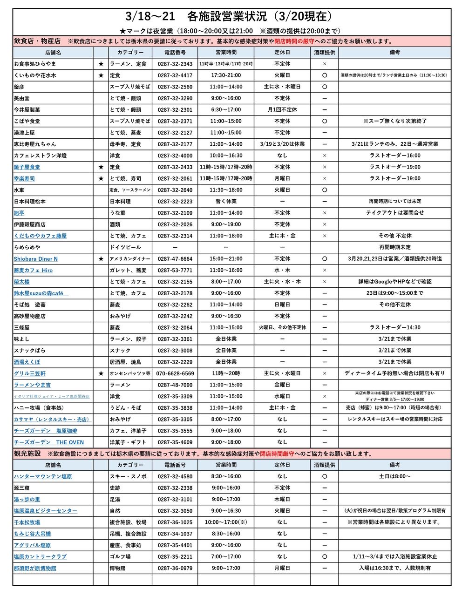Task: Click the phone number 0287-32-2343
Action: [175, 64]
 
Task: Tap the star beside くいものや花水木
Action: [101, 75]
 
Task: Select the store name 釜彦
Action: [19, 87]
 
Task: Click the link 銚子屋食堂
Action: [27, 167]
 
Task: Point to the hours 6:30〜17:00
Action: [226, 110]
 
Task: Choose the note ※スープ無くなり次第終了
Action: [394, 121]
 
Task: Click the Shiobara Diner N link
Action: [36, 259]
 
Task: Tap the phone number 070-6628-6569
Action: [175, 373]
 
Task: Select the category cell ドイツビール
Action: [125, 247]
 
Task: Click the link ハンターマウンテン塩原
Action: [43, 476]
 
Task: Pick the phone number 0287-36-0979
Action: [175, 568]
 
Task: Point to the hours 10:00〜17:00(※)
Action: [226, 522]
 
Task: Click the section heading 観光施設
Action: [27, 454]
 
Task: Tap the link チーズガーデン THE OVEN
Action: [49, 442]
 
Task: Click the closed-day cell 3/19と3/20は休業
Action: [282, 144]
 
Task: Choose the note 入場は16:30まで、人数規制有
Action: [394, 568]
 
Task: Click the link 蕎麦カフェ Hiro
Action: [33, 271]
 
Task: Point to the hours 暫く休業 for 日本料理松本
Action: [226, 202]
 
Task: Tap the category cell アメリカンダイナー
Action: [130, 259]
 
